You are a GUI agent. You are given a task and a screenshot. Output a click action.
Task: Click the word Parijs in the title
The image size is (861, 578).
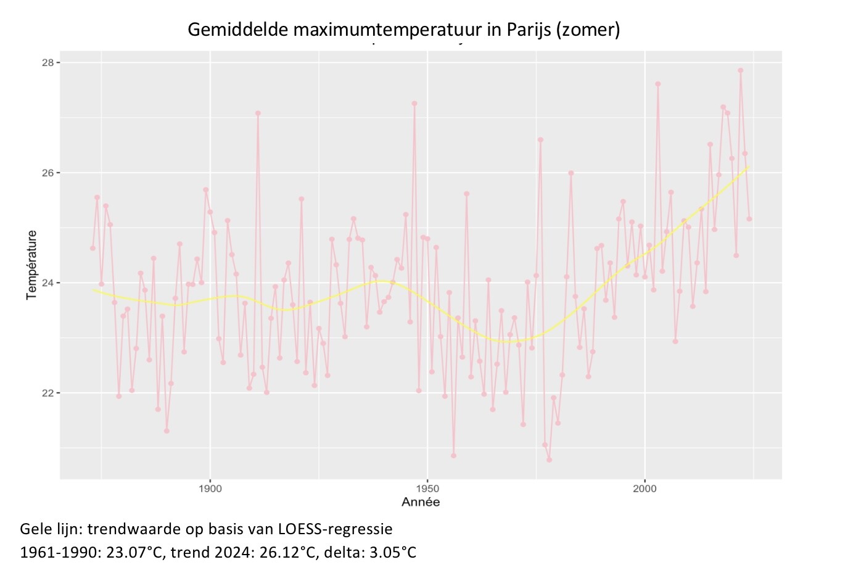529,30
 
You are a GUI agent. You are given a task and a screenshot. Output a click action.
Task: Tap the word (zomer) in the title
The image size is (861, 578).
588,30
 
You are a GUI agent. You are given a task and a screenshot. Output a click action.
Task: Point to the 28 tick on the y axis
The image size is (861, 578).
48,63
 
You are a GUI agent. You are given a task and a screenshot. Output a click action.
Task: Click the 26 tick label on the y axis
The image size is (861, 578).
48,173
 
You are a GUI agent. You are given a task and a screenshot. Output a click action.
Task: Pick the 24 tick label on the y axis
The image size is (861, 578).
48,283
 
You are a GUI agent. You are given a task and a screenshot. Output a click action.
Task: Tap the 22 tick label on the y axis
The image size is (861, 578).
48,393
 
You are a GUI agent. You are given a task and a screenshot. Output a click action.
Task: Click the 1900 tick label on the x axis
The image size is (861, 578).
210,489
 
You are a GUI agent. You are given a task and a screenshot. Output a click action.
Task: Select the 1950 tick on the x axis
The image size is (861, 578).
427,489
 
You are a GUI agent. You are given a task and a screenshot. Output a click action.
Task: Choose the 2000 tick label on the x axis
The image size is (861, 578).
645,489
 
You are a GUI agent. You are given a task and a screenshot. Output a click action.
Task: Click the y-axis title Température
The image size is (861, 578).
32,265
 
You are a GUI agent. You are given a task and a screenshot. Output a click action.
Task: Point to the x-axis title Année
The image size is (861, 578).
421,502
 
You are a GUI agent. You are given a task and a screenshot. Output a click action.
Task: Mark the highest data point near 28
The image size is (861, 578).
740,70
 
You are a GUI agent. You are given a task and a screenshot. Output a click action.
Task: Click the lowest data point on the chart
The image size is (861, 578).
549,460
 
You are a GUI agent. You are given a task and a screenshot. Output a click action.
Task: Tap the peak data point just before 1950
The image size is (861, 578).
414,104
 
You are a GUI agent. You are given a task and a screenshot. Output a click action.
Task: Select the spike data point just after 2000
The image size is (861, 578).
657,84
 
